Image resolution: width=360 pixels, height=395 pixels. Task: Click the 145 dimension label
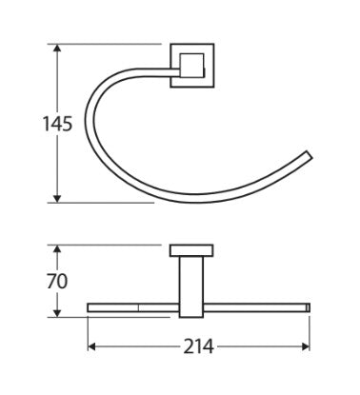pyautogui.click(x=58, y=124)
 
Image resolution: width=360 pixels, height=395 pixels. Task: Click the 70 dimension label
pyautogui.click(x=57, y=281)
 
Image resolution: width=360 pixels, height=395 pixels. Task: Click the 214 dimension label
pyautogui.click(x=199, y=346)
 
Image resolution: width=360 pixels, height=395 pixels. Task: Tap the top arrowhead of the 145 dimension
pyautogui.click(x=57, y=48)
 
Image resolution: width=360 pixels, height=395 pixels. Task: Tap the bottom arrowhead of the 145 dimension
pyautogui.click(x=57, y=199)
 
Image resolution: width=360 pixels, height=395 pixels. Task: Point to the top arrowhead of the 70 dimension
pyautogui.click(x=57, y=248)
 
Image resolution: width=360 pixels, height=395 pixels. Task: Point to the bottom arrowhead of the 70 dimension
pyautogui.click(x=57, y=313)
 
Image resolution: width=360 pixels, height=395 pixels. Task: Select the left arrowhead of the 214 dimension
pyautogui.click(x=91, y=346)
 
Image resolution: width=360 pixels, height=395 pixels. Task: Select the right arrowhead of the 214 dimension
pyautogui.click(x=306, y=346)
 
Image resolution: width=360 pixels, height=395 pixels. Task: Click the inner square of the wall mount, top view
pyautogui.click(x=191, y=66)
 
